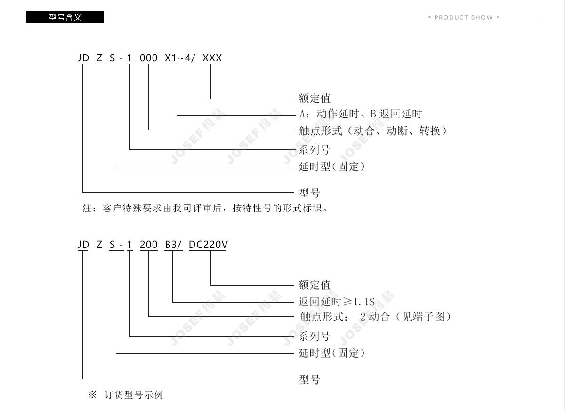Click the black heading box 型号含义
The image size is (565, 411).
pyautogui.click(x=65, y=17)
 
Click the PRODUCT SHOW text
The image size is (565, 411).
pyautogui.click(x=464, y=17)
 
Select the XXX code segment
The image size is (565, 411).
pyautogui.click(x=212, y=58)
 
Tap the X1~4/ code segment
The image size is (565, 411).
pyautogui.click(x=179, y=58)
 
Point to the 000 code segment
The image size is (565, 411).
pyautogui.click(x=149, y=58)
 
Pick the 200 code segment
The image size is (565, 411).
pyautogui.click(x=149, y=244)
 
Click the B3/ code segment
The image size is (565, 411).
pyautogui.click(x=173, y=244)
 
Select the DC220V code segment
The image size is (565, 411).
pyautogui.click(x=208, y=244)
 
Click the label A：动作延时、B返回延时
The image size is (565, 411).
pyautogui.click(x=361, y=114)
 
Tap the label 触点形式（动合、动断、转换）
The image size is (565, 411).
pyautogui.click(x=373, y=131)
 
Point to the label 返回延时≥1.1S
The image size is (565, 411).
pyautogui.click(x=337, y=302)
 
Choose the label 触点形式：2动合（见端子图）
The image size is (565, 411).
pyautogui.click(x=375, y=317)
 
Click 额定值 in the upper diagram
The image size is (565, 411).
pyautogui.click(x=315, y=98)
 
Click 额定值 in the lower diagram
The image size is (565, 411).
pyautogui.click(x=315, y=285)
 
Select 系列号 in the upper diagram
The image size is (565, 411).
pyautogui.click(x=315, y=150)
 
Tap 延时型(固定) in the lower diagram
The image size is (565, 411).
pyautogui.click(x=331, y=353)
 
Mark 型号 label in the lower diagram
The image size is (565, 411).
pyautogui.click(x=309, y=379)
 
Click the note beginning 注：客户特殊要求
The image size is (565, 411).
pyautogui.click(x=205, y=208)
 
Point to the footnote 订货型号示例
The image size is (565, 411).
pyautogui.click(x=134, y=395)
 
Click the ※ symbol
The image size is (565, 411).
pyautogui.click(x=92, y=395)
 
